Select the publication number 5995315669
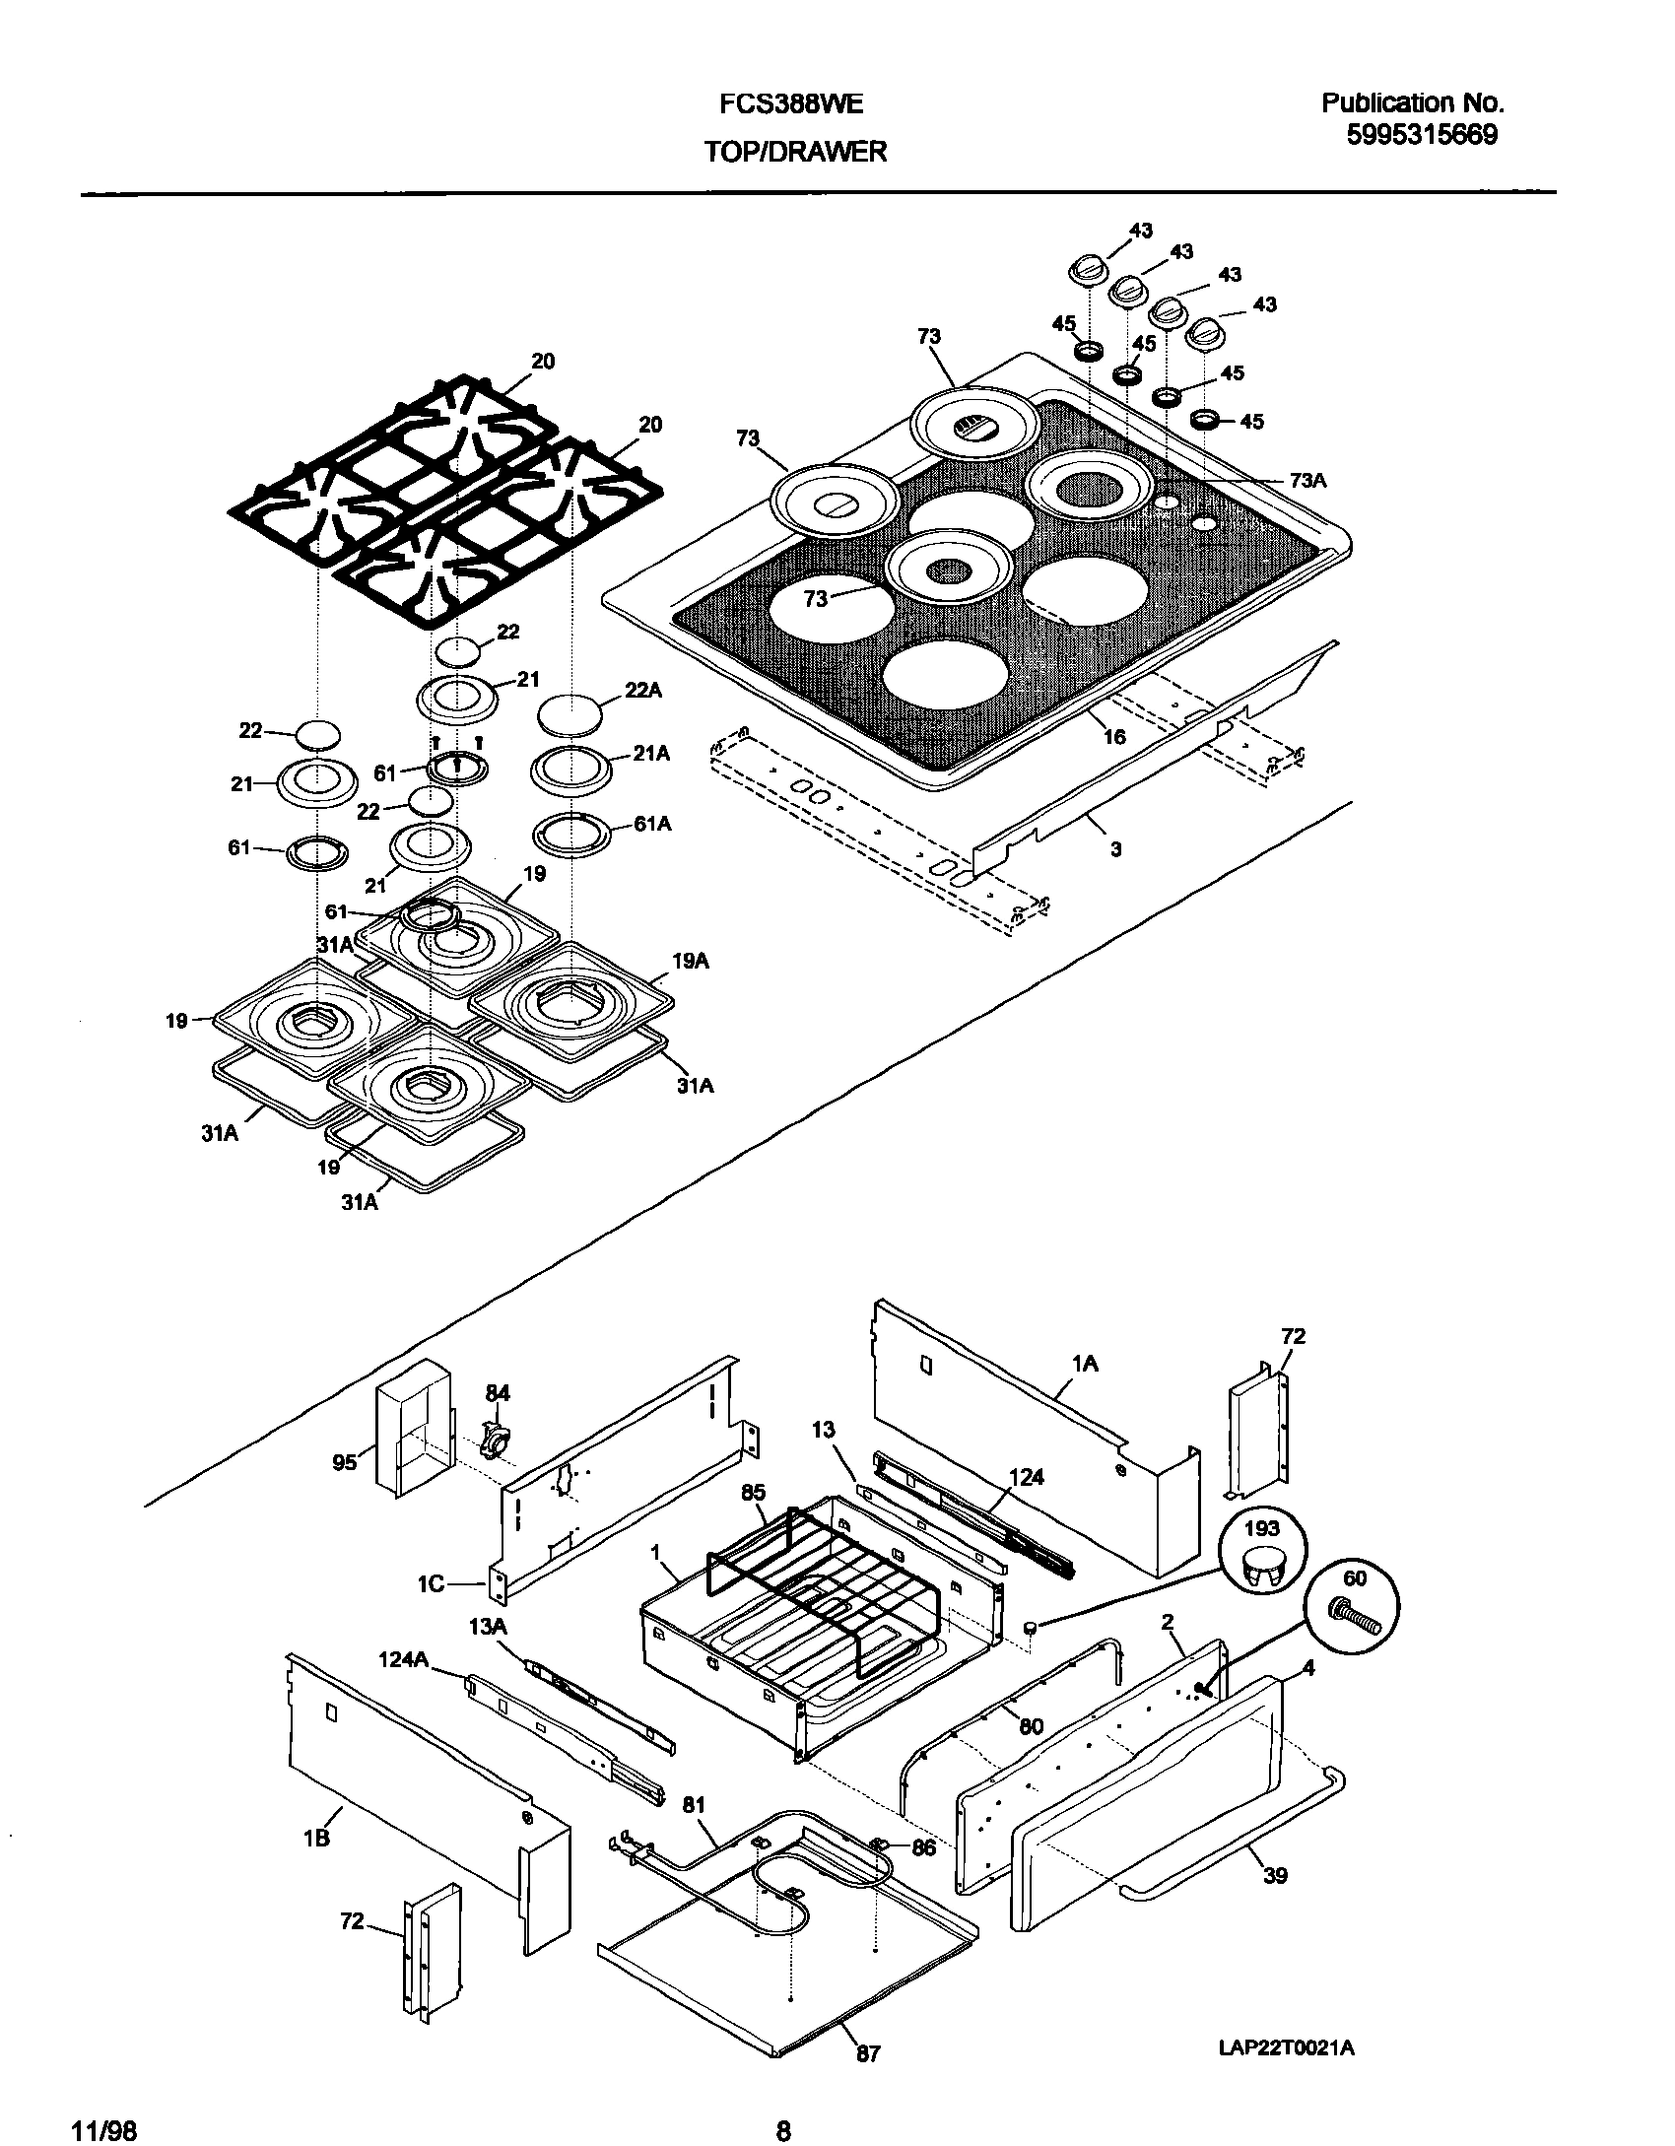coord(1422,136)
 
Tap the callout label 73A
coord(1308,480)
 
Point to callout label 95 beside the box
coord(344,1463)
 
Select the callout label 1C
coord(432,1584)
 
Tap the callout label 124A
coord(403,1659)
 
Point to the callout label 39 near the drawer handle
coord(1275,1876)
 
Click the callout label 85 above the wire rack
coord(753,1493)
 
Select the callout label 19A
coord(691,961)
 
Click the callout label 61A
coord(652,824)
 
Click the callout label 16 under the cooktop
coord(1113,736)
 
